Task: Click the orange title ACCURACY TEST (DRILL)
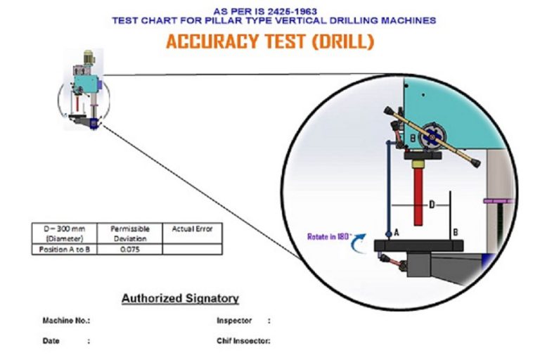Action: (270, 41)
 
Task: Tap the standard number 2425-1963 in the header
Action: (292, 11)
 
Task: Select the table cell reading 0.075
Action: (130, 250)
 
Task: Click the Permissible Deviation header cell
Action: (130, 233)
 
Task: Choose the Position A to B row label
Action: (65, 250)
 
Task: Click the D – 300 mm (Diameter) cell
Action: (65, 233)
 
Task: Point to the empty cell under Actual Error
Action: (192, 250)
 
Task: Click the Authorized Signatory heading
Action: (180, 298)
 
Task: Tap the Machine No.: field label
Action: (66, 321)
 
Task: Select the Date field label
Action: (51, 341)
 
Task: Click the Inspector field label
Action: (234, 321)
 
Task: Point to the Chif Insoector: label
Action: (243, 341)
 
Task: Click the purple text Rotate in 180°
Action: (330, 237)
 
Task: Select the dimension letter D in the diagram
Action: (432, 205)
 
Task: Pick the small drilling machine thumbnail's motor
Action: (89, 58)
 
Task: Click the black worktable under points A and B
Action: (418, 246)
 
